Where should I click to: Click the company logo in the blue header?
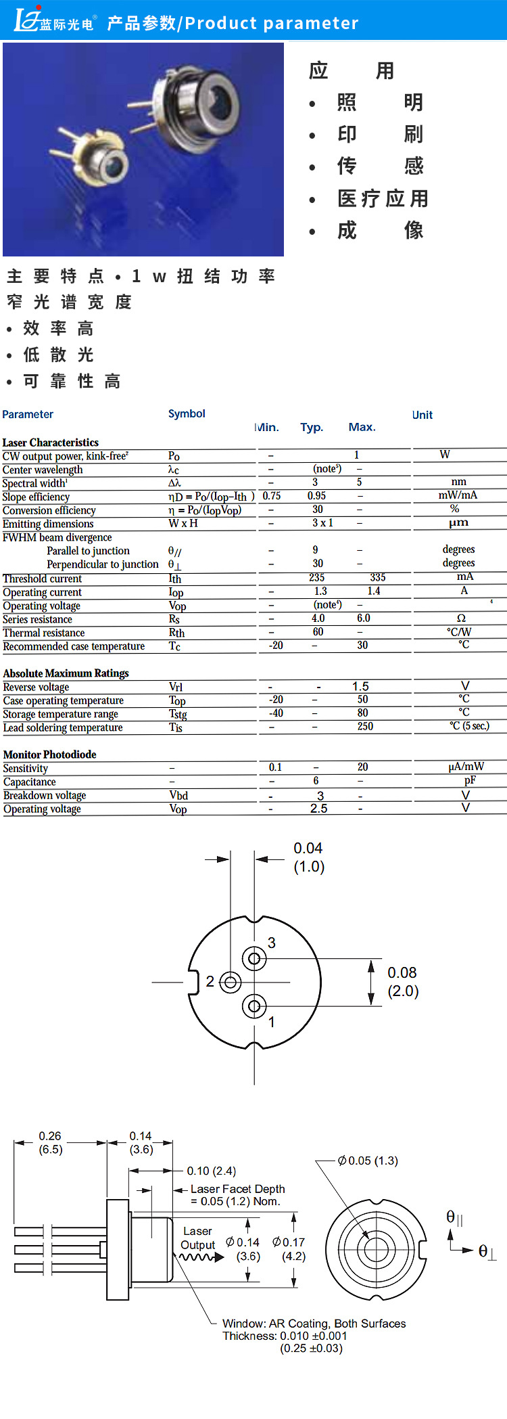tap(54, 21)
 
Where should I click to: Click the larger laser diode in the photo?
tap(196, 108)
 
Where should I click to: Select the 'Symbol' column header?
tap(187, 413)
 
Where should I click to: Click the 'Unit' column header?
tap(422, 415)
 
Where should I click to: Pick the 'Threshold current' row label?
tap(42, 579)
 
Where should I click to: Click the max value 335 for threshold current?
tap(378, 577)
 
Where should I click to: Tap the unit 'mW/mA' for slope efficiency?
tap(458, 495)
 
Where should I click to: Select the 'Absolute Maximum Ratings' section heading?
tap(66, 673)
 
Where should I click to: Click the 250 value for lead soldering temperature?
tap(365, 726)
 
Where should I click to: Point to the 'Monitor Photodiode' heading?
tap(50, 754)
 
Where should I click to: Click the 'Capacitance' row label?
tap(30, 782)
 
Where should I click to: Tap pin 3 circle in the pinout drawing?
tap(254, 958)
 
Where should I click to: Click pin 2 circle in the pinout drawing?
tap(231, 982)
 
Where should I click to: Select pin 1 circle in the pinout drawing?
tap(254, 1006)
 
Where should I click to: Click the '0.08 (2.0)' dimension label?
tap(403, 982)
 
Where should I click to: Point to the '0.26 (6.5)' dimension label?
tap(50, 1142)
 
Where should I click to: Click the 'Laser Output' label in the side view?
tap(197, 1238)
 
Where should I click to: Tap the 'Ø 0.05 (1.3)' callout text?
tap(368, 1161)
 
